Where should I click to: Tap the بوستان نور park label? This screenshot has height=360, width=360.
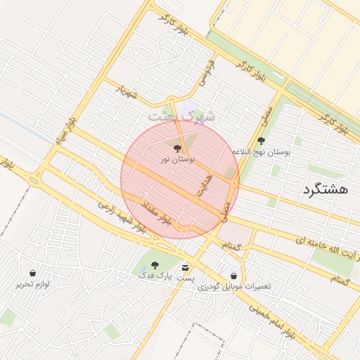pyautogui.click(x=177, y=160)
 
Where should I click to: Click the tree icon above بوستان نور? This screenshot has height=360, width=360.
pyautogui.click(x=176, y=148)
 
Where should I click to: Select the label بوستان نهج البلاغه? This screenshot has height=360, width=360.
pyautogui.click(x=262, y=151)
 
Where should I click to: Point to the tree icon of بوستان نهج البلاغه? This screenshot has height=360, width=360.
pyautogui.click(x=262, y=140)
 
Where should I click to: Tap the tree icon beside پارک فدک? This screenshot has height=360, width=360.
pyautogui.click(x=155, y=265)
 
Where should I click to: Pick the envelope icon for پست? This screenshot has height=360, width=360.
pyautogui.click(x=185, y=268)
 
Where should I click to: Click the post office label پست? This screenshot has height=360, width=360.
pyautogui.click(x=185, y=278)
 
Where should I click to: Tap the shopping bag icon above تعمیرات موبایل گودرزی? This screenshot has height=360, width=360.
pyautogui.click(x=233, y=276)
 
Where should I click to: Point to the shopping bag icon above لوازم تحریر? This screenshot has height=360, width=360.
pyautogui.click(x=32, y=273)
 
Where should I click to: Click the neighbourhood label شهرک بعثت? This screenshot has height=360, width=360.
pyautogui.click(x=179, y=117)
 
